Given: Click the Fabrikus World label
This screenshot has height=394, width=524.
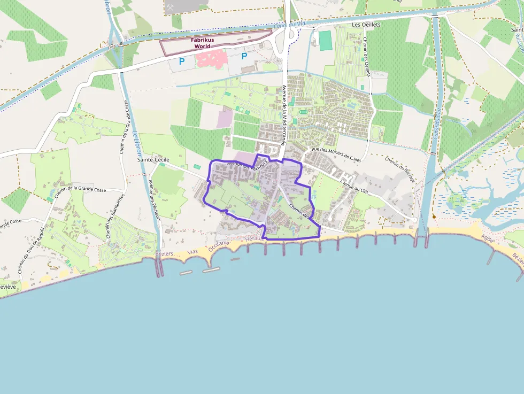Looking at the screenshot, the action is tap(202, 43).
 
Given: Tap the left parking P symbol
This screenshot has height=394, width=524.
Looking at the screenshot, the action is tap(182, 61).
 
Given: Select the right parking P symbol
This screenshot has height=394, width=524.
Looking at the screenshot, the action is tap(244, 56).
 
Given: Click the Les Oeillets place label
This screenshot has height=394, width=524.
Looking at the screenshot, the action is tap(366, 25).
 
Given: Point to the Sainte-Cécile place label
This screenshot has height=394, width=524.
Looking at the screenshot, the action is tap(153, 159).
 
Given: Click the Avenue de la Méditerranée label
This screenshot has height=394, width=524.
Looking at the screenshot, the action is tap(285, 114).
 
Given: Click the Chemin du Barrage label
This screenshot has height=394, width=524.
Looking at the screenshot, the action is tap(400, 169).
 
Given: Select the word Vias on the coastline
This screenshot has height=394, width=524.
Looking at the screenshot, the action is tap(192, 251).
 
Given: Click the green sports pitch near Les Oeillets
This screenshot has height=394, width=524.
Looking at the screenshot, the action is tap(325, 41).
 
